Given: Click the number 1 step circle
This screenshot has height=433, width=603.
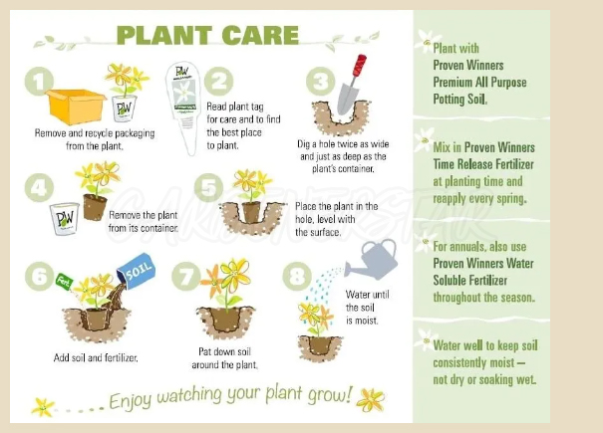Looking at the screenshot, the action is (x=39, y=82).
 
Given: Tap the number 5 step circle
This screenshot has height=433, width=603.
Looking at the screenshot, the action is (x=209, y=187).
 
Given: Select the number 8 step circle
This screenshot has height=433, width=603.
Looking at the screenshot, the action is (x=297, y=276).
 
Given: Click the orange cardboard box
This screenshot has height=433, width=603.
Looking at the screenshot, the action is (x=76, y=107).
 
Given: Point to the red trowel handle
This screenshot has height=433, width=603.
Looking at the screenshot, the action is (x=359, y=66).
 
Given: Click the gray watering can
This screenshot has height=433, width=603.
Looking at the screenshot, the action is (x=372, y=259).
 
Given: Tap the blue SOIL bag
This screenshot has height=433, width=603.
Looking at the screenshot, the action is (x=137, y=271).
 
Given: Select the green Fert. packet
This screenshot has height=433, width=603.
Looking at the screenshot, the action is (x=64, y=282).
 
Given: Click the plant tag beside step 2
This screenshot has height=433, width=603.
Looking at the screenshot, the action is (x=183, y=107).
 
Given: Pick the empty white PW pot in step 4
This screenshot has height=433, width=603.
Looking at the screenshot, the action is (x=64, y=219).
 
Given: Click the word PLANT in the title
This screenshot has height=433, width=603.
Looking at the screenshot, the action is (x=164, y=36).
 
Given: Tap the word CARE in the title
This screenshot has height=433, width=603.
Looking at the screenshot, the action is (x=260, y=36).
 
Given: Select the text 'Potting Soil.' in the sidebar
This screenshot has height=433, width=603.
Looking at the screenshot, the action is (x=459, y=100).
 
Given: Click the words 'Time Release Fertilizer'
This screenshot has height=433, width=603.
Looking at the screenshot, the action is (x=483, y=164).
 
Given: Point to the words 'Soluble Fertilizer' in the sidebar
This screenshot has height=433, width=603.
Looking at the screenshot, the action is (x=469, y=281).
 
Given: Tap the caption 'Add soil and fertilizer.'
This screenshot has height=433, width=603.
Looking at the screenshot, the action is (x=96, y=358).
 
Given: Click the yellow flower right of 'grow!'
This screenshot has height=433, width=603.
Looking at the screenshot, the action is (x=370, y=400).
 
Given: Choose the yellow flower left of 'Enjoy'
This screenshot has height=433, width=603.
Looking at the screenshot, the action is (x=43, y=407).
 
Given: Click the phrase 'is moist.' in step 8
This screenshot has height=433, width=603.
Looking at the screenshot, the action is (x=362, y=321).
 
